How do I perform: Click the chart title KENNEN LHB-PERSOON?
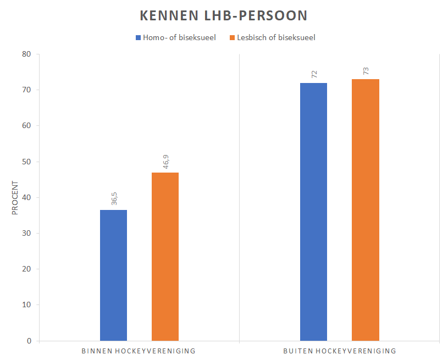click(x=224, y=15)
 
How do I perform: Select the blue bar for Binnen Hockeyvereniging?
click(x=113, y=275)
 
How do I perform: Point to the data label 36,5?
click(x=114, y=198)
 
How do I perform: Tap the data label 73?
click(x=366, y=71)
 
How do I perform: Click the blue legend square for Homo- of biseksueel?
click(x=138, y=38)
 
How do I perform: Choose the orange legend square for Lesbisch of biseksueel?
click(x=232, y=38)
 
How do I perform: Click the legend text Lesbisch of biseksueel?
click(x=276, y=38)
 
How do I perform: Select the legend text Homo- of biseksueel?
click(x=179, y=38)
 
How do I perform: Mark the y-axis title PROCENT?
click(x=15, y=198)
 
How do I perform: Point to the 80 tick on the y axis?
click(x=26, y=54)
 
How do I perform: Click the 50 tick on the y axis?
click(x=26, y=162)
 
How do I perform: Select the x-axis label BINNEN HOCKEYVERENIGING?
click(x=139, y=351)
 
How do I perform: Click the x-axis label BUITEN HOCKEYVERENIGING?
click(x=339, y=351)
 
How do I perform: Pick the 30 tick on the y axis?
click(x=26, y=233)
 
